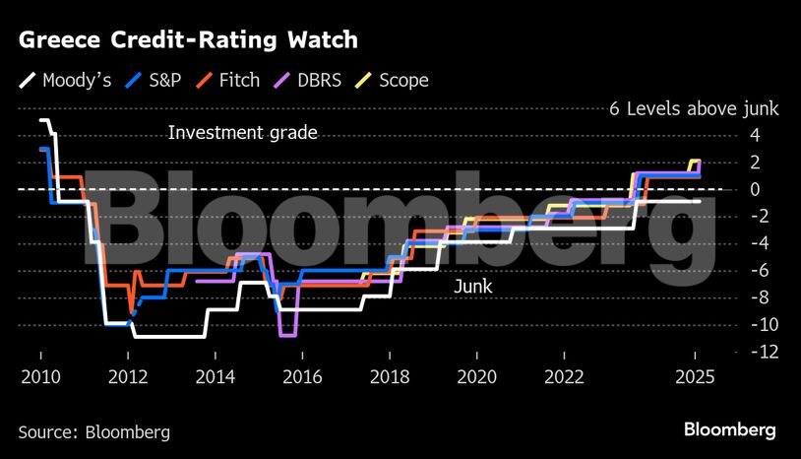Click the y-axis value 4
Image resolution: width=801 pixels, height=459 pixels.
(755, 135)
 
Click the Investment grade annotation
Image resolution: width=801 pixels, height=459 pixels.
(242, 133)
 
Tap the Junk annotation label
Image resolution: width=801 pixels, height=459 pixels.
(472, 287)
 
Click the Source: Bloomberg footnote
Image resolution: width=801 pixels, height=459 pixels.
(94, 431)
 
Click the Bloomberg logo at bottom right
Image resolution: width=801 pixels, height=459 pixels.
(730, 430)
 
